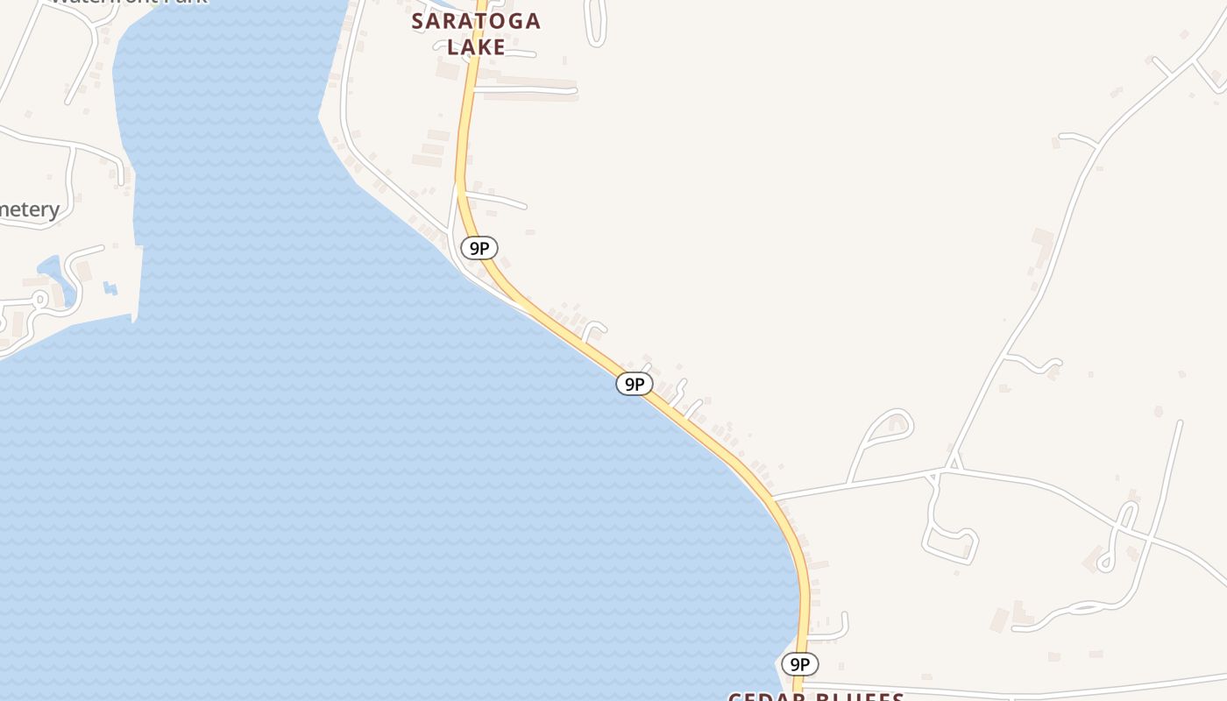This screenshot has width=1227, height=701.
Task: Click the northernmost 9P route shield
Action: (479, 248)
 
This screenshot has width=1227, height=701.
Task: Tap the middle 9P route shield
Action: (635, 384)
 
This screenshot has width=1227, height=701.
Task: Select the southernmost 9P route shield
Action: (800, 664)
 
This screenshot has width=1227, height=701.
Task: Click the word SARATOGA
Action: (476, 21)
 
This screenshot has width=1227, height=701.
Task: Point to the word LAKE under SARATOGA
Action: (476, 47)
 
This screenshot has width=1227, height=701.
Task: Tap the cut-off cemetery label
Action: (29, 209)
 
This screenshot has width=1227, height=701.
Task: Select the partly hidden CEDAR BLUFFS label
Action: (816, 696)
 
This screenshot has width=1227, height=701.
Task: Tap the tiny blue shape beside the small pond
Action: (110, 287)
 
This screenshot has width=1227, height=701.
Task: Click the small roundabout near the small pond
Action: (39, 299)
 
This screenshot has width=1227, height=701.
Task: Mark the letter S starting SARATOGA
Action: (419, 21)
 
